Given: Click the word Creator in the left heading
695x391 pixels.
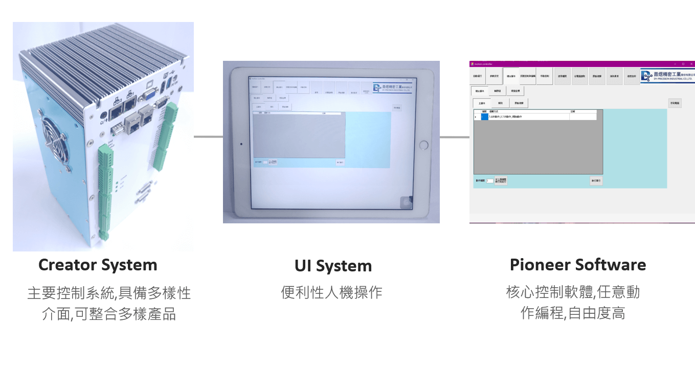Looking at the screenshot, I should point(67,265).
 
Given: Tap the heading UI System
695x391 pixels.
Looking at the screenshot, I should point(333,266).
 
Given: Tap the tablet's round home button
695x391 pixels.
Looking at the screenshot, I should point(423,145).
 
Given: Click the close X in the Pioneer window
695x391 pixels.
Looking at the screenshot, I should point(691,64).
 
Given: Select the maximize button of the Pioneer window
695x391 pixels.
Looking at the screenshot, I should point(683,64).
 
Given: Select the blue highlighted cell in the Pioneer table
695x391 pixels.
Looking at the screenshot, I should point(484,117).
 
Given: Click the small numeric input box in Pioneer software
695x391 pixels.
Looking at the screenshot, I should point(489,181).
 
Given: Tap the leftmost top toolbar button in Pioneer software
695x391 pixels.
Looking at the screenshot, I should point(477,76).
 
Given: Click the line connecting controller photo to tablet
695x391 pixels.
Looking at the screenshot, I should point(208,137).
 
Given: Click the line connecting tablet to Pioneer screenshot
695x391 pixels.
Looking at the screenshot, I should point(454,137).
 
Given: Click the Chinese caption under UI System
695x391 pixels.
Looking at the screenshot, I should point(331,293).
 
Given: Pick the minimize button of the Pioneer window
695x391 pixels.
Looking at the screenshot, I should point(675,64).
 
